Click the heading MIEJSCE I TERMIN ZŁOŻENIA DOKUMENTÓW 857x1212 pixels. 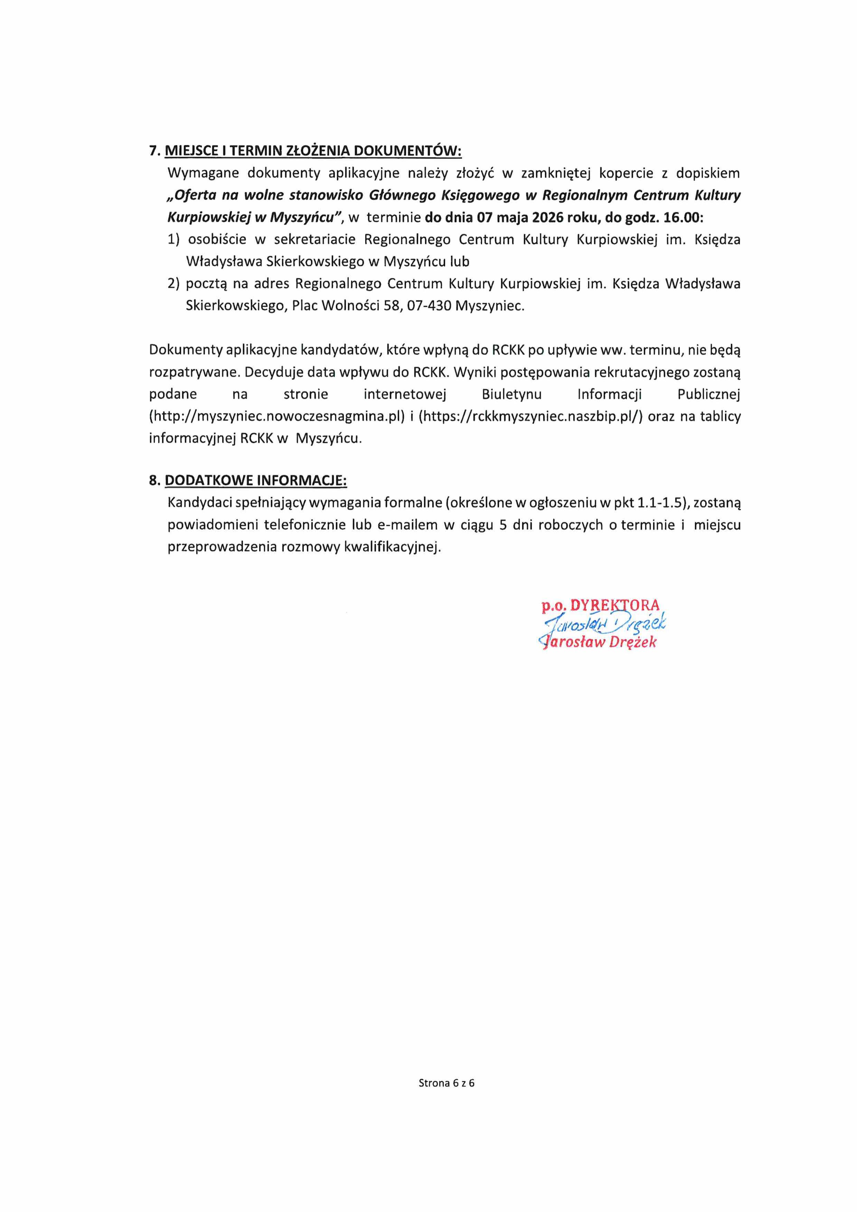[x=313, y=151]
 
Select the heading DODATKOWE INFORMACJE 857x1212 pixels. [x=256, y=480]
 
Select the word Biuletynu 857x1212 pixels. [x=511, y=394]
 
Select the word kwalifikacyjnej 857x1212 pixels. [x=392, y=547]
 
